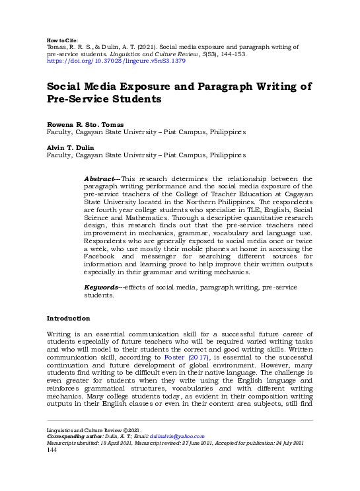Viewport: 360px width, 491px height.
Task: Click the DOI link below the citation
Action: pyautogui.click(x=116, y=61)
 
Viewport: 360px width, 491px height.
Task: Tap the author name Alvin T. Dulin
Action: pyautogui.click(x=70, y=147)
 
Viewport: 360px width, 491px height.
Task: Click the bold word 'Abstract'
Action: pyautogui.click(x=99, y=179)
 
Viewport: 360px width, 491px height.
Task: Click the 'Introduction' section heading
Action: pyautogui.click(x=68, y=319)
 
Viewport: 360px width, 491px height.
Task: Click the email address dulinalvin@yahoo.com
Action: pyautogui.click(x=180, y=437)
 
